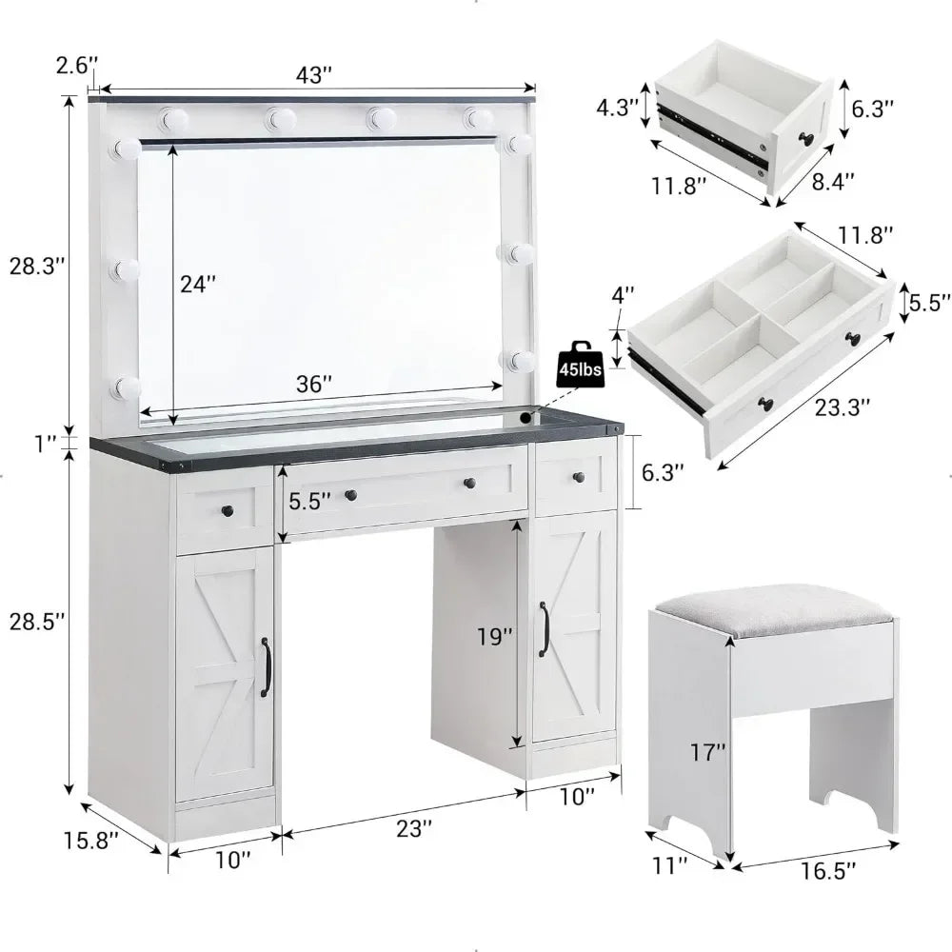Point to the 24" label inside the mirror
pyautogui.click(x=198, y=283)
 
